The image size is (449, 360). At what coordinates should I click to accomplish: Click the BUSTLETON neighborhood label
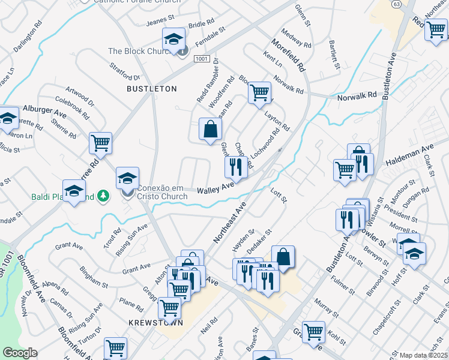point(152,89)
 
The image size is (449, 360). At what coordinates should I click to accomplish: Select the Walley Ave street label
point(215,188)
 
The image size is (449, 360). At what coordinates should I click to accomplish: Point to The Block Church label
point(141,52)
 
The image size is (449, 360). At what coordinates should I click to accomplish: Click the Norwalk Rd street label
point(356,95)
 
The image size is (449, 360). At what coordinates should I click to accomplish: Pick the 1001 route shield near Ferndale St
point(202,59)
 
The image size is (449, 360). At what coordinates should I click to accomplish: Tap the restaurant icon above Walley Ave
point(236,166)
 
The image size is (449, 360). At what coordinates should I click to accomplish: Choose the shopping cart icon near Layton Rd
point(259,93)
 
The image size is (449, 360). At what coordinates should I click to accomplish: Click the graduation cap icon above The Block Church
point(173,40)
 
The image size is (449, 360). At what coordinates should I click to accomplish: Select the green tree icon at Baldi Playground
point(103,196)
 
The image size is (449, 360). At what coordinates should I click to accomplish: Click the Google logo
point(20,353)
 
